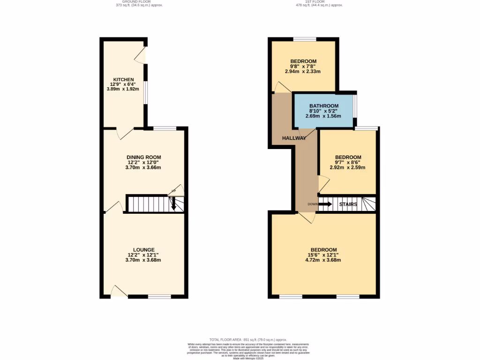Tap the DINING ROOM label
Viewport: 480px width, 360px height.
coord(144,157)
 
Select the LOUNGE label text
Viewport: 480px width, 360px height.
coord(143,249)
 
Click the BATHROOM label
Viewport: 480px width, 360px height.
coord(323,105)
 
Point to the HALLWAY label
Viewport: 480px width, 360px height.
coord(294,138)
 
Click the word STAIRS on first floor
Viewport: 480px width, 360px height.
coord(348,204)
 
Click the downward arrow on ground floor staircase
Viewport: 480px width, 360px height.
coord(173,204)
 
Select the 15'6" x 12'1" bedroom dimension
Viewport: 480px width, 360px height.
coord(323,255)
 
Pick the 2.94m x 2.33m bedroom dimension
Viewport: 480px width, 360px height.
coord(303,72)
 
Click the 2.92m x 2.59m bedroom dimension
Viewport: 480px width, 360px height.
coord(347,167)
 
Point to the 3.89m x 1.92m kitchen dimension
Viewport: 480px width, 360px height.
coord(123,89)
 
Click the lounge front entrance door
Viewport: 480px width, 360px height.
coord(120,292)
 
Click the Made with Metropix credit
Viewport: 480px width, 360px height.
coord(248,358)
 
